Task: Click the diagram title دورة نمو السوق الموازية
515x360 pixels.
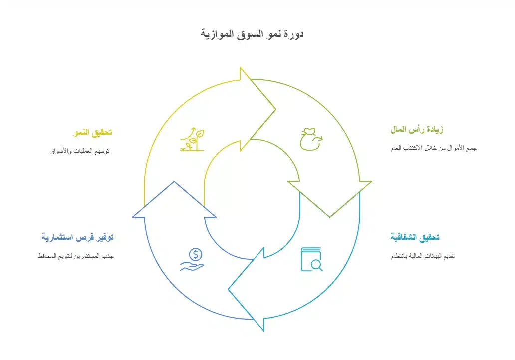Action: [x=252, y=34]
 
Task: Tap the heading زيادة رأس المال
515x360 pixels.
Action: [x=417, y=129]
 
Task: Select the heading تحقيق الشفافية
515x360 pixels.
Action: [x=415, y=237]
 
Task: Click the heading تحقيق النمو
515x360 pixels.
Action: [x=93, y=132]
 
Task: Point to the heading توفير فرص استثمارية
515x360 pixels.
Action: [x=77, y=237]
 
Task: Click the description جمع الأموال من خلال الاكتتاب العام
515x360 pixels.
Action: [x=433, y=148]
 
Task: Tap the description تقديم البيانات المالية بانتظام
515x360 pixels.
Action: [x=423, y=256]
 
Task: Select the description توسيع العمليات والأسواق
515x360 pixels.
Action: [x=79, y=151]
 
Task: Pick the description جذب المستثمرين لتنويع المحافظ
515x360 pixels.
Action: [x=76, y=256]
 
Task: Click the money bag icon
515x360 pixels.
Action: [x=311, y=139]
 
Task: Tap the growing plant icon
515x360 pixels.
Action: [x=192, y=139]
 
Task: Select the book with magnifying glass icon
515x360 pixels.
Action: [x=312, y=259]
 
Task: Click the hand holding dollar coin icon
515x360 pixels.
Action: [x=192, y=260]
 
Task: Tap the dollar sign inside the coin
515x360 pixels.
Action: [x=196, y=255]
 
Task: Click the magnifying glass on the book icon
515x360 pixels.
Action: [x=317, y=265]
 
